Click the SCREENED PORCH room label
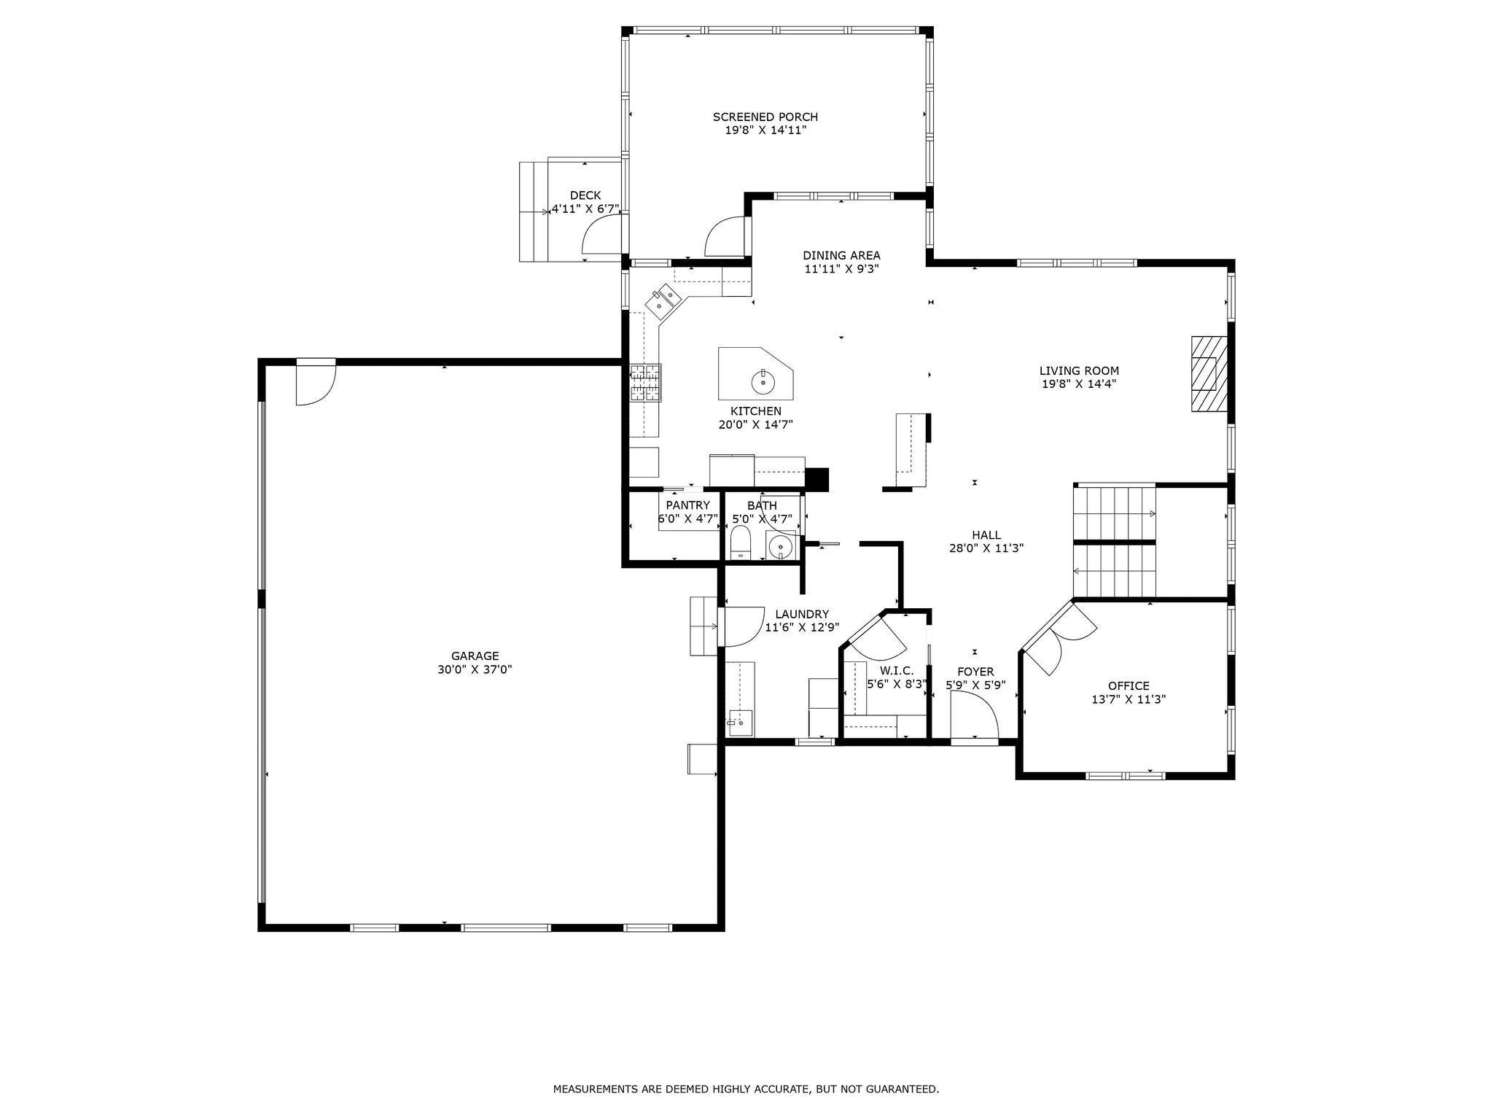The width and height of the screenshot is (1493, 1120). click(765, 117)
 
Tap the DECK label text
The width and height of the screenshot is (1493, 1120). click(585, 195)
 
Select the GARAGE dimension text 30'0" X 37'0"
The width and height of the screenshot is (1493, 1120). click(475, 669)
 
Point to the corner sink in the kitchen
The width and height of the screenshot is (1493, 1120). click(663, 303)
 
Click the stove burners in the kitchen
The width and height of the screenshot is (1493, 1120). click(646, 383)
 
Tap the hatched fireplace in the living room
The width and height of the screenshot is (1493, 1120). click(1209, 374)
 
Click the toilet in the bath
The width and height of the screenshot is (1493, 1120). click(741, 544)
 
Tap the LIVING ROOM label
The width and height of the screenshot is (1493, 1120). click(1079, 370)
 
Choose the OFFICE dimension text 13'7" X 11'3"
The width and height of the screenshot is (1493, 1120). click(1128, 699)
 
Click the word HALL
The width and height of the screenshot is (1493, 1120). click(986, 535)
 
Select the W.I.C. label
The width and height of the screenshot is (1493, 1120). click(896, 671)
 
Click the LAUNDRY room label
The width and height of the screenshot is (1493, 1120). click(802, 614)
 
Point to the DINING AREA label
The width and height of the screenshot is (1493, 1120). click(841, 255)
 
